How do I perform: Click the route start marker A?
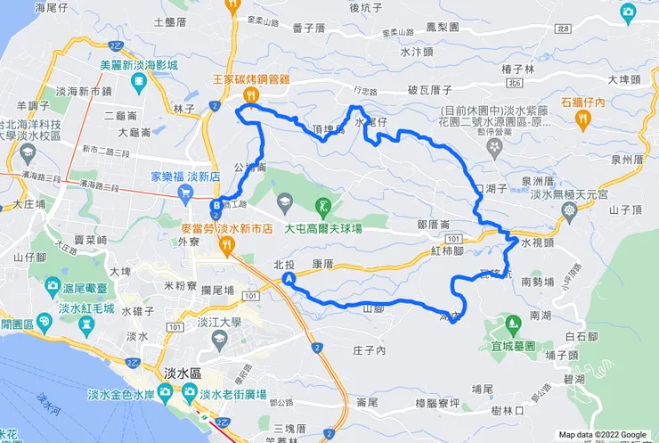click(x=289, y=280)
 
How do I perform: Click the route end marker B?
click(x=216, y=208)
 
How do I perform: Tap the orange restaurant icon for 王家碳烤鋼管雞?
click(x=252, y=94)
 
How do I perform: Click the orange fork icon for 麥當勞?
click(x=228, y=245)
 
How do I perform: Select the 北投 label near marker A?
click(x=284, y=264)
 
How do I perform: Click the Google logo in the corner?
click(x=629, y=434)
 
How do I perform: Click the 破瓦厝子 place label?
click(x=430, y=90)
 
